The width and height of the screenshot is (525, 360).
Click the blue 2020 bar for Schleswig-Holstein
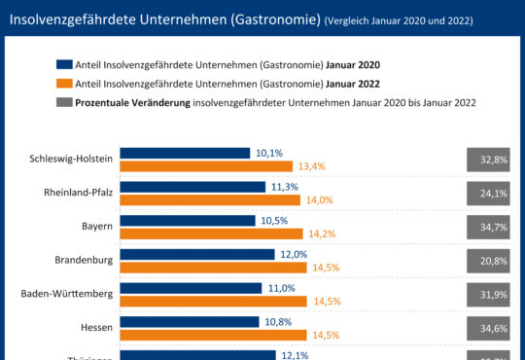(x=186, y=154)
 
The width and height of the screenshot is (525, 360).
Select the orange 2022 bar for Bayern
(x=212, y=234)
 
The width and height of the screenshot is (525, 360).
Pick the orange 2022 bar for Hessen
(x=213, y=335)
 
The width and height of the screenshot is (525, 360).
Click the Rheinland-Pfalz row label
(x=79, y=193)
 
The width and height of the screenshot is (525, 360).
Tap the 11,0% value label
(x=281, y=289)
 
